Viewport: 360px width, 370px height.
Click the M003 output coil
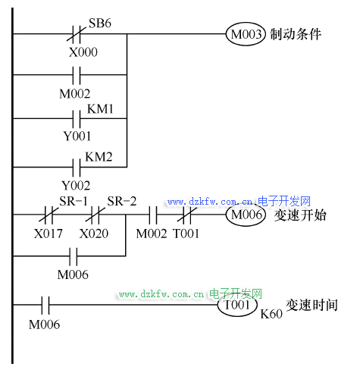(246, 34)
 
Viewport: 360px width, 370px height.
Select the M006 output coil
(246, 215)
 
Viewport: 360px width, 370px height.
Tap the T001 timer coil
(237, 305)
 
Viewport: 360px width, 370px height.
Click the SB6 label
(100, 23)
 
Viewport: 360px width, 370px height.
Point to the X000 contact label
(83, 52)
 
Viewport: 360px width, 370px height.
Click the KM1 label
(100, 109)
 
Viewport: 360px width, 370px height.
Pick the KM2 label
(99, 157)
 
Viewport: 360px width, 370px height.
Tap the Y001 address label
(77, 136)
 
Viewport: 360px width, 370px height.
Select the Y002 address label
(76, 186)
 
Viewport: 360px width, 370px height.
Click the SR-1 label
(74, 202)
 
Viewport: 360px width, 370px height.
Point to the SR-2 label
(122, 202)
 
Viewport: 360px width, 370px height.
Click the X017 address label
(49, 234)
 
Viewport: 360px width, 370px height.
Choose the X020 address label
(94, 234)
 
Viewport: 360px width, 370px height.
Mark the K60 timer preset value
(271, 314)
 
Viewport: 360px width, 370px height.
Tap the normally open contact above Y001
(77, 118)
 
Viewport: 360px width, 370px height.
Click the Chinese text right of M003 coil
(296, 34)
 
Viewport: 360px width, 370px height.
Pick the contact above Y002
(77, 167)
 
